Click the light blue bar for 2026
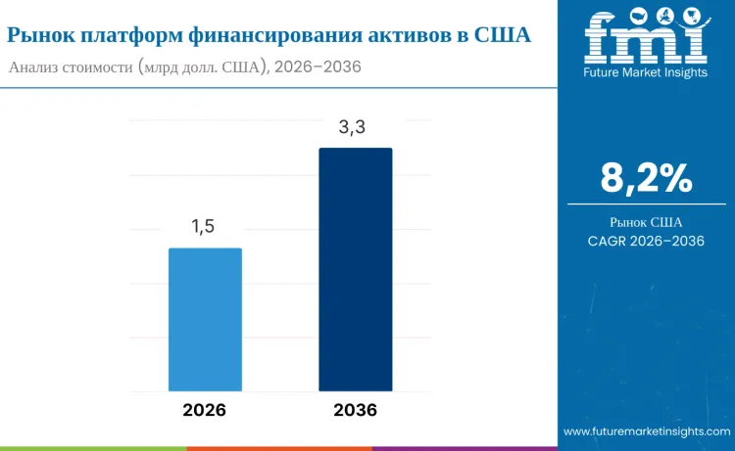point(205,319)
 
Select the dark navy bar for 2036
point(355,269)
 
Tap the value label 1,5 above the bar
point(203,227)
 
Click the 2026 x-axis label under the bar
point(204,410)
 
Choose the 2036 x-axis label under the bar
point(355,410)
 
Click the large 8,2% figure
point(646,178)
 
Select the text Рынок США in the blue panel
point(646,221)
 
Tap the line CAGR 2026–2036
point(646,241)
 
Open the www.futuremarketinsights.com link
point(646,430)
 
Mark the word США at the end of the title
point(502,35)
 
